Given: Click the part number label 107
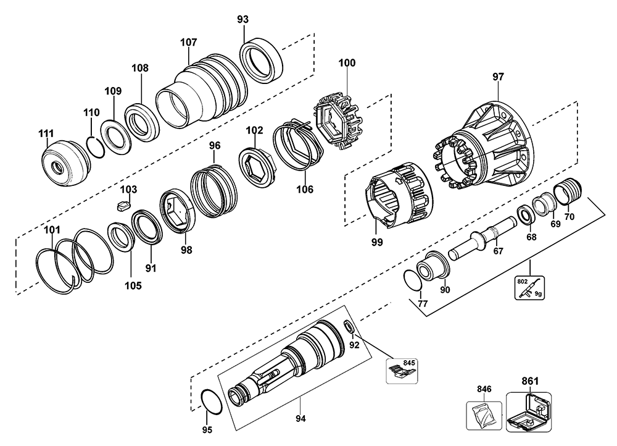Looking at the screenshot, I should tap(189, 42).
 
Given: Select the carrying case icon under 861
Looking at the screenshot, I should tap(528, 412).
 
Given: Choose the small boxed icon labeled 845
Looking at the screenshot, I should tap(400, 369).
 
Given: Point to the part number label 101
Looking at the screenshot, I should tap(52, 230).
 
